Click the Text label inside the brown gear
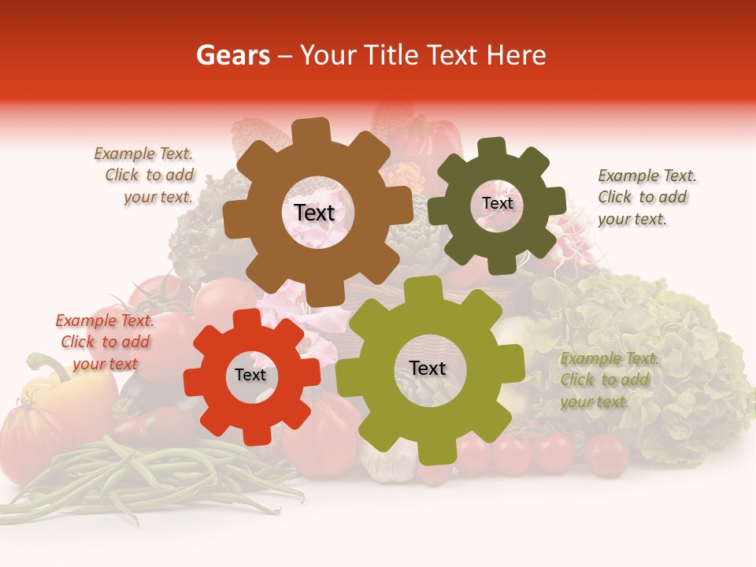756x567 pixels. (x=314, y=213)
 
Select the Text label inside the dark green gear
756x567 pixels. (x=497, y=203)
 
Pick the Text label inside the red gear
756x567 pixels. (x=250, y=376)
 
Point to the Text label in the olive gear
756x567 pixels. (x=428, y=368)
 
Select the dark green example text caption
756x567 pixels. (x=646, y=197)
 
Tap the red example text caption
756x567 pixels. (x=105, y=342)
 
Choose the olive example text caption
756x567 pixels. (x=608, y=380)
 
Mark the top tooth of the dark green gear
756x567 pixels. (x=492, y=147)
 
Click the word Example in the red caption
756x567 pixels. (x=84, y=321)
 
